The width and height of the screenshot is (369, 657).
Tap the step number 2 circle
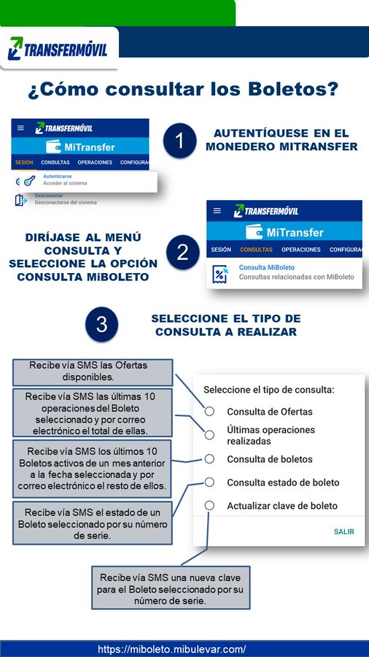pos(182,253)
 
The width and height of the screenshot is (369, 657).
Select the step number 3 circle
pos(102,325)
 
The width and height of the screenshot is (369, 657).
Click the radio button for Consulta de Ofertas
pos(209,412)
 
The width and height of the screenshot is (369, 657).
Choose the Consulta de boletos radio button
pos(209,459)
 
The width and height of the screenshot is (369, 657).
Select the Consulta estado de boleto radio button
pos(209,483)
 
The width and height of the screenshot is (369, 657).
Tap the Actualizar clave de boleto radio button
pos(209,506)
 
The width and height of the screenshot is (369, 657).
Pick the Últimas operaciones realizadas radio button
pos(209,435)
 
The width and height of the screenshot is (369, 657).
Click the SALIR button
pos(343,531)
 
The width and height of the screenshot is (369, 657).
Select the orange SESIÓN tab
pos(24,162)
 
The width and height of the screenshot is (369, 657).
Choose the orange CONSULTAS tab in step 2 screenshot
pos(256,250)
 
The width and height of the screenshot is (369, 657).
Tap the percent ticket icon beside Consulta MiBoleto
pos(220,274)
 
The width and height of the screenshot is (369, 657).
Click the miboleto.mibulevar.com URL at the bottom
pos(172,649)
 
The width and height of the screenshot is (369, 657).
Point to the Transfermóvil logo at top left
pos(58,50)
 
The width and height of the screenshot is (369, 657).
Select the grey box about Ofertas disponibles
pos(92,371)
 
